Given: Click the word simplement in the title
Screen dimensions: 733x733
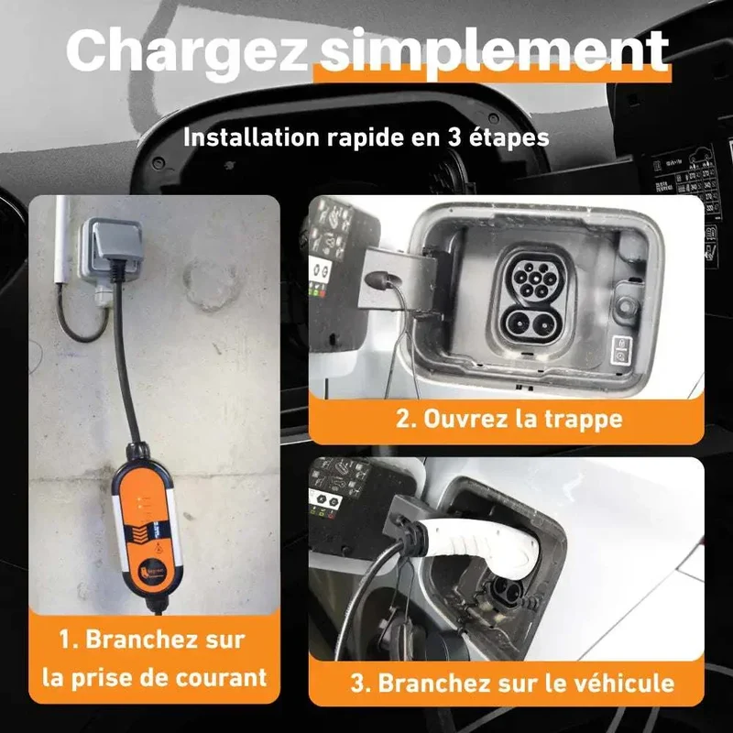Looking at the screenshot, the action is tap(496, 50).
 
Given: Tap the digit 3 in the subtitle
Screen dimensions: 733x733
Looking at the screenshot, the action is tap(454, 137).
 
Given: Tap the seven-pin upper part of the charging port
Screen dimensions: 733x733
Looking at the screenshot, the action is tap(531, 278).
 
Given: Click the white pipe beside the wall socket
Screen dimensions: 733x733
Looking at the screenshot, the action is tap(62, 240).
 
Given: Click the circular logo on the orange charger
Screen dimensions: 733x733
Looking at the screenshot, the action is tap(158, 551).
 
